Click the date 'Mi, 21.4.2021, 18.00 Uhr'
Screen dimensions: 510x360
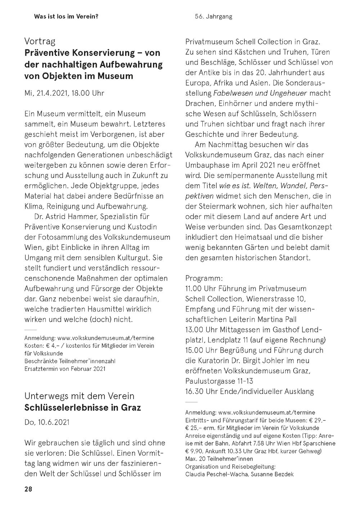pos(64,93)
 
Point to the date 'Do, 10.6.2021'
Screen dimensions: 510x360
pos(47,422)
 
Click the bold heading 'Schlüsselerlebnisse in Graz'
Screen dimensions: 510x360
pos(82,407)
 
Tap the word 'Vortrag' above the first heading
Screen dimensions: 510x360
pos(40,41)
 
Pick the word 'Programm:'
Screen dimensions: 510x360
pos(204,278)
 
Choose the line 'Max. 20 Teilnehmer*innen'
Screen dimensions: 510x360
pos(219,459)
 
